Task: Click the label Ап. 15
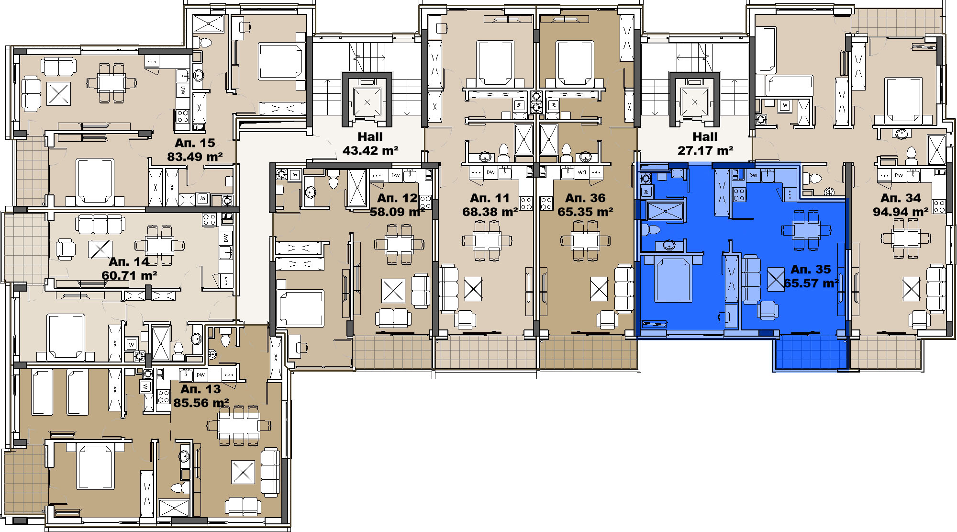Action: [x=195, y=143]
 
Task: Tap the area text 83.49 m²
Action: [x=195, y=157]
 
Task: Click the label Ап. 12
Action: [x=397, y=198]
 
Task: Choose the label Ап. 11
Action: [x=490, y=198]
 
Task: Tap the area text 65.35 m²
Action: [x=585, y=212]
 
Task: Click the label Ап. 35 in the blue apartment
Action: [x=811, y=269]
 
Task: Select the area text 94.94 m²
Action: [x=901, y=212]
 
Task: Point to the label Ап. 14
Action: [x=129, y=261]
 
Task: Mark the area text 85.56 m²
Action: [x=201, y=403]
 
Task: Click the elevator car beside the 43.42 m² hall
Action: [x=367, y=102]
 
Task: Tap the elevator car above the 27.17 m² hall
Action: [x=694, y=102]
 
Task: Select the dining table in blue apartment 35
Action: [x=806, y=230]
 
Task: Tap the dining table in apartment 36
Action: [x=585, y=240]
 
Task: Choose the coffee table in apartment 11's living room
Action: [x=473, y=289]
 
